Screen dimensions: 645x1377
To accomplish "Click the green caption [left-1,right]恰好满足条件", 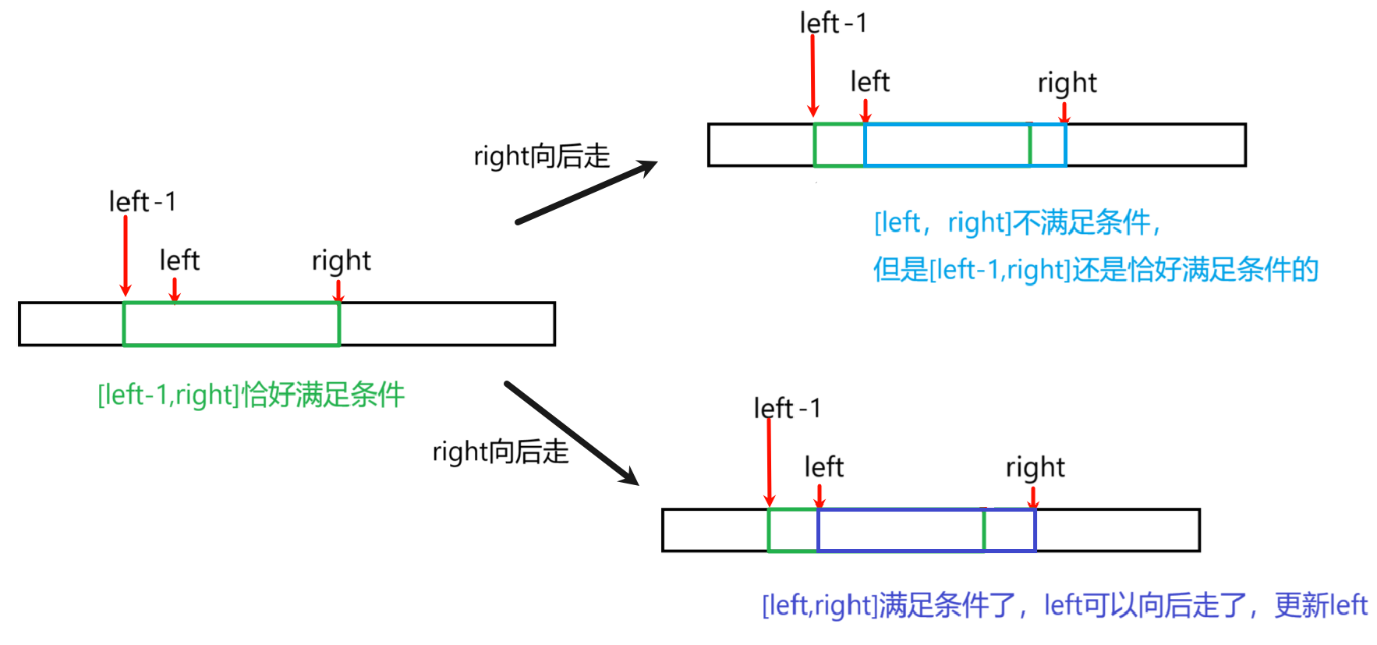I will point(251,395).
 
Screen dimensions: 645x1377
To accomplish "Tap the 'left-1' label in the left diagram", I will point(143,202).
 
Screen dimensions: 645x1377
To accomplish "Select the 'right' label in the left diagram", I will point(341,260).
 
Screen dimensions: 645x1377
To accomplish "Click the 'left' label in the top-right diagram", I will point(869,82).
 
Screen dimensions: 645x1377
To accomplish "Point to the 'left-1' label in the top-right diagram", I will point(833,23).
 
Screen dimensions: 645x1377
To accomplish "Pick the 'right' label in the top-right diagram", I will point(1067,83).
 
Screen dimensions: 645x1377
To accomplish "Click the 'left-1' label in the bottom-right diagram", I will point(787,408).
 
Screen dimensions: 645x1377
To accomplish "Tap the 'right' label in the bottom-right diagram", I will point(1035,467).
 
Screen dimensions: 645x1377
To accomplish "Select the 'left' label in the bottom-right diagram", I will point(823,467).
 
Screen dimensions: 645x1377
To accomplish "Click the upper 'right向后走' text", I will point(541,156).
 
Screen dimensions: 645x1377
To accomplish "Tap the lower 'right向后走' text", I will point(501,452).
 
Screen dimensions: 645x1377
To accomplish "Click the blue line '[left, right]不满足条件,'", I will point(1018,223).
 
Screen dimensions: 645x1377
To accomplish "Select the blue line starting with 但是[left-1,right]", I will point(1095,270).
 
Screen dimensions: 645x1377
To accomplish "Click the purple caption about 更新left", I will point(1064,605).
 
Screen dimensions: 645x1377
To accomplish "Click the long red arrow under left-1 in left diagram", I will point(126,256).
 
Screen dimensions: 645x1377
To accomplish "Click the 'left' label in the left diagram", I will point(179,260).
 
